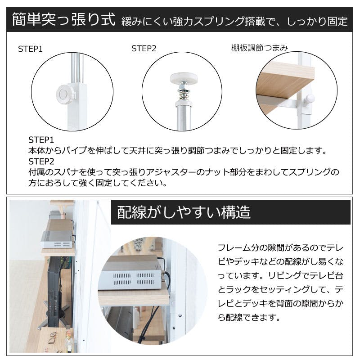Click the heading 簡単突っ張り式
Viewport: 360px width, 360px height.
63,19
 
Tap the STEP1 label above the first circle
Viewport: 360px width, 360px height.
30,49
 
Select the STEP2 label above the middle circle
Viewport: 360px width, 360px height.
144,49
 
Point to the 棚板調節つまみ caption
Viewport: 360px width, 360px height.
260,48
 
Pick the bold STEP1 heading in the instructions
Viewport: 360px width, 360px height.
41,140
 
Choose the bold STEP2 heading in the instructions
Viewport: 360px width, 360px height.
41,162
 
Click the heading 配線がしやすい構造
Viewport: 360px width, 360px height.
184,212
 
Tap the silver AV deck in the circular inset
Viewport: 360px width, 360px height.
131,273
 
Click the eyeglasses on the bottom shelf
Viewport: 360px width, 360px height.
53,338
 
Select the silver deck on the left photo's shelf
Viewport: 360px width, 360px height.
57,239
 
